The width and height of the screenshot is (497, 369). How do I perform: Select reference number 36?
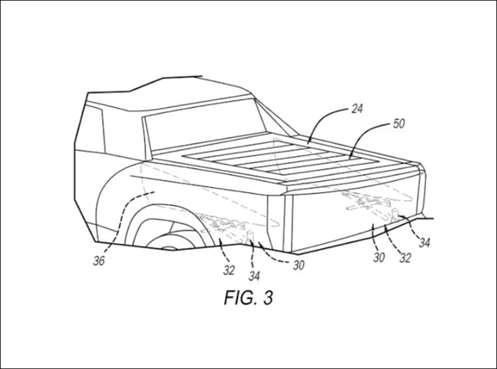(99, 261)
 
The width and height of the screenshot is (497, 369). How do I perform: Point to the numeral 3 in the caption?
(268, 298)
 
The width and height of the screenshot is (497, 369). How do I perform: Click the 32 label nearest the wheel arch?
(229, 270)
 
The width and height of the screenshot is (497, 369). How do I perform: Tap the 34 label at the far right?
(424, 243)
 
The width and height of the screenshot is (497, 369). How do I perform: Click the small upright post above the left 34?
(250, 238)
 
